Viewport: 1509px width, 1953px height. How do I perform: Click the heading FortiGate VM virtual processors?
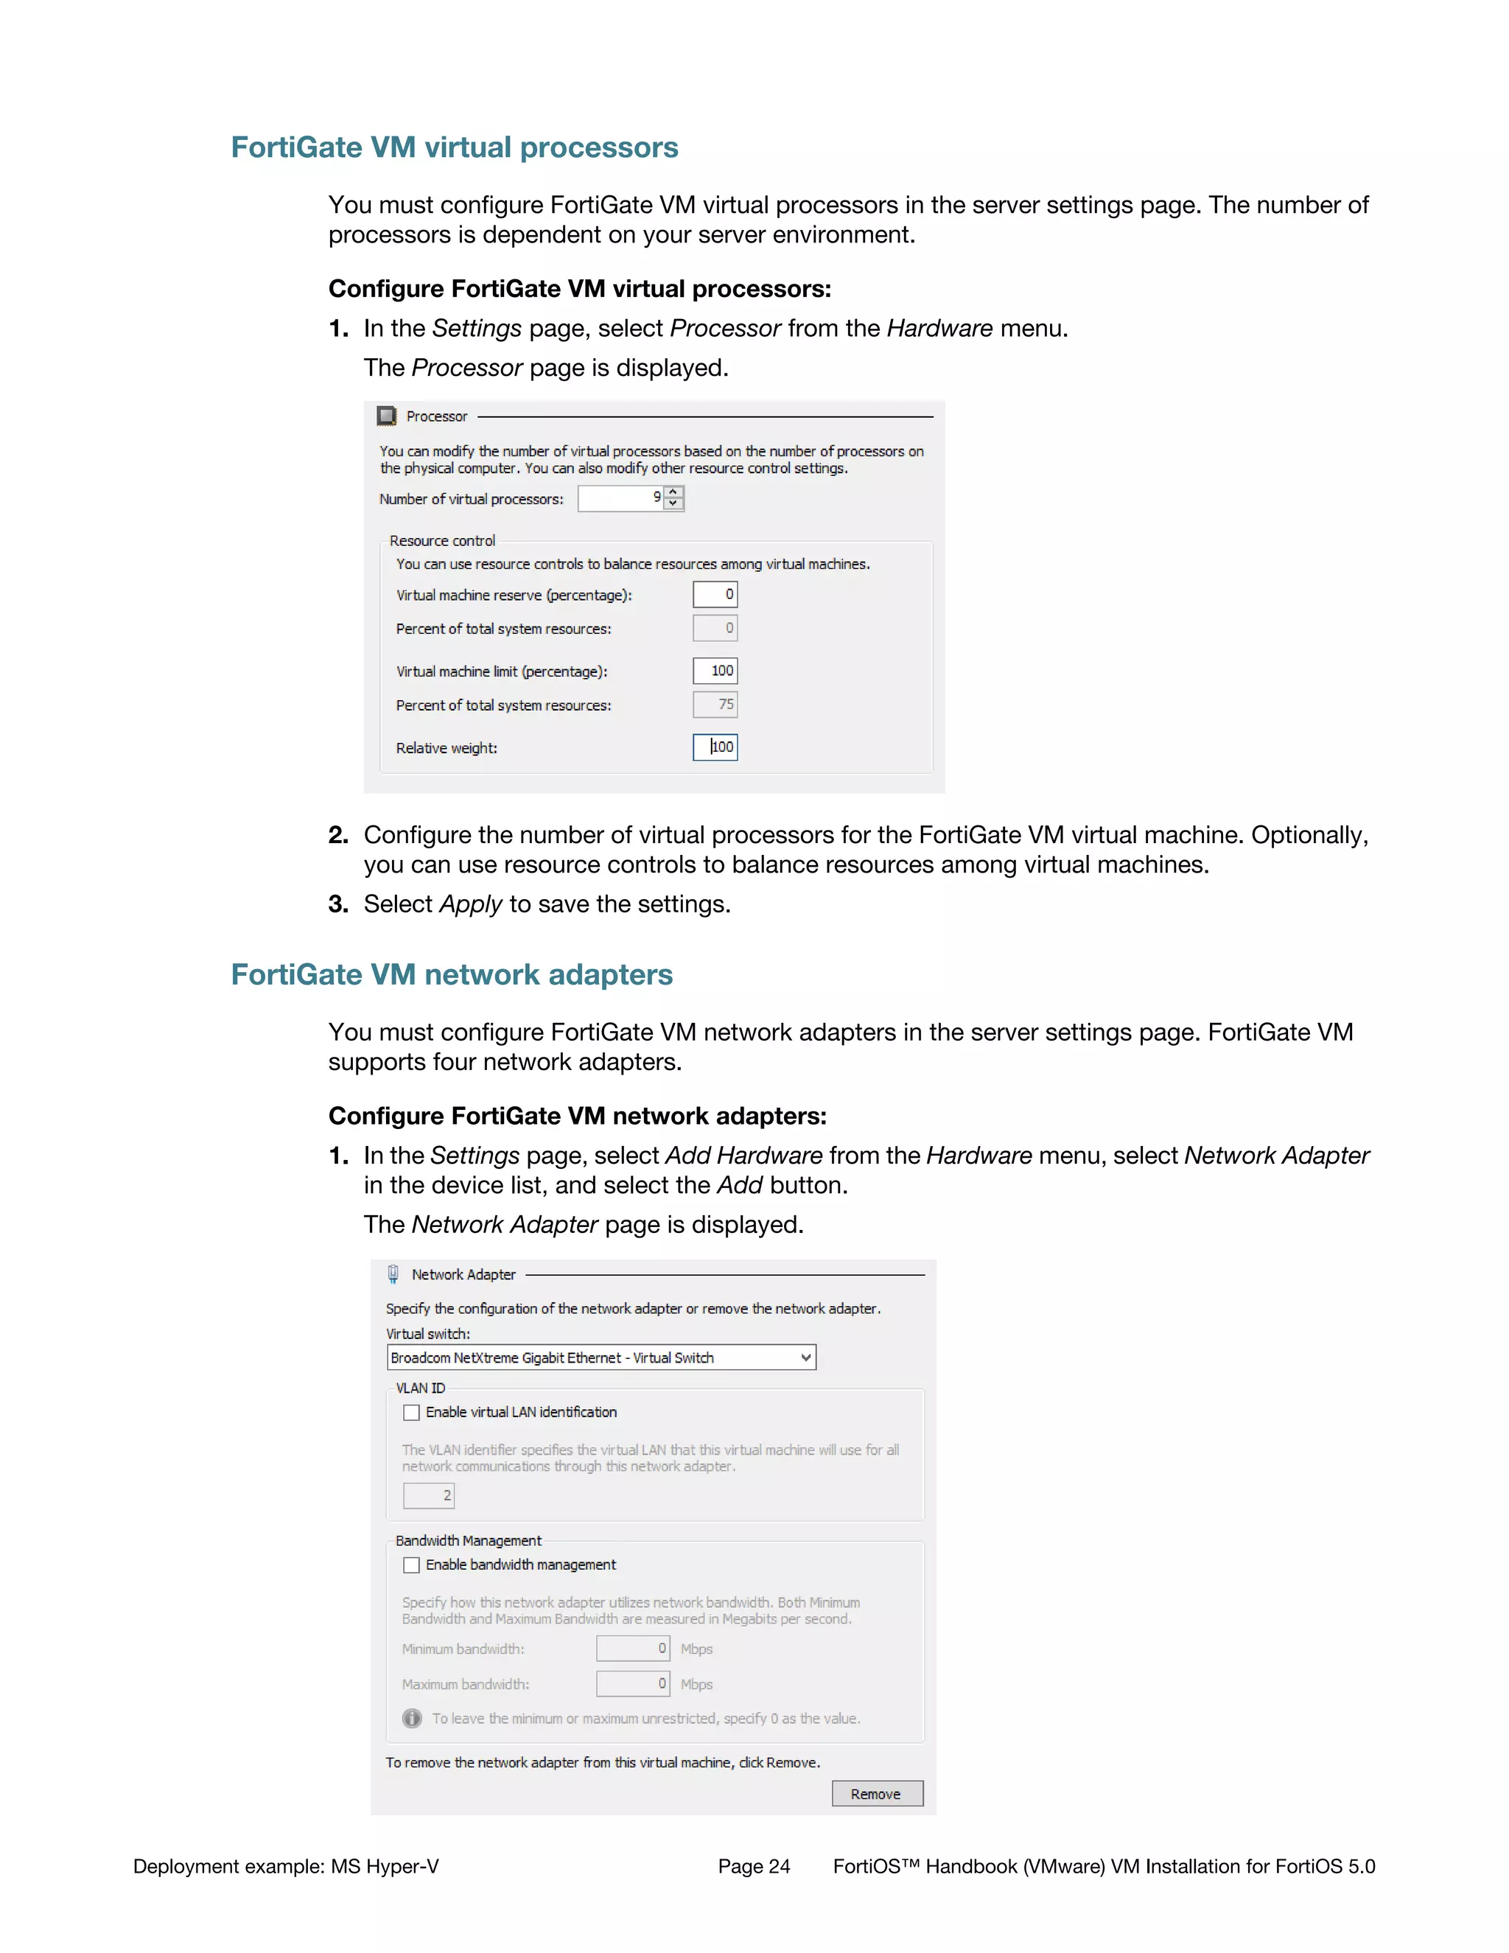click(x=454, y=147)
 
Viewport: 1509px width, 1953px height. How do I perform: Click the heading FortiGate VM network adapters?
click(x=452, y=975)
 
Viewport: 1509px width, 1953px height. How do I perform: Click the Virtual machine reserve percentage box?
click(x=715, y=595)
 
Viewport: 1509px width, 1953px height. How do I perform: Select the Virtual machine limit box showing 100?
click(x=715, y=671)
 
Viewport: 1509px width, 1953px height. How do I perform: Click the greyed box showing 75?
click(x=715, y=705)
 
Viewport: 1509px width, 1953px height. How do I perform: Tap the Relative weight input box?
click(x=715, y=747)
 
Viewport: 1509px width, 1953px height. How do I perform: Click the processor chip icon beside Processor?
click(x=386, y=416)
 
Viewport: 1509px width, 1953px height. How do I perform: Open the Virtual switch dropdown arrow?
click(x=805, y=1358)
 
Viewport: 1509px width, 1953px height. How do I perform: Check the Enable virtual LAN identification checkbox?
click(x=411, y=1413)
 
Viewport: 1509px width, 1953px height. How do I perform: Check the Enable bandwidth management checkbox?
click(x=411, y=1565)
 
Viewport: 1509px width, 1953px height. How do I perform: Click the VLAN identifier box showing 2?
click(x=429, y=1495)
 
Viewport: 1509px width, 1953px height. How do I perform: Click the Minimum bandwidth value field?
click(x=633, y=1648)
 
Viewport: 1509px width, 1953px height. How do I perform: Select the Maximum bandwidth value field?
click(x=633, y=1684)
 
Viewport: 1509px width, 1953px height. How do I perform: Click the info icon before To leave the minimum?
click(x=412, y=1719)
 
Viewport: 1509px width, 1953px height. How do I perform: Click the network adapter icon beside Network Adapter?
click(x=393, y=1274)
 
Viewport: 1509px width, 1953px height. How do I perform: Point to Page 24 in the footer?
click(x=754, y=1866)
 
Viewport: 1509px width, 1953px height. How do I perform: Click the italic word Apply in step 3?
click(x=470, y=904)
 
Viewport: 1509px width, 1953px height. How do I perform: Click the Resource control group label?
click(x=441, y=541)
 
